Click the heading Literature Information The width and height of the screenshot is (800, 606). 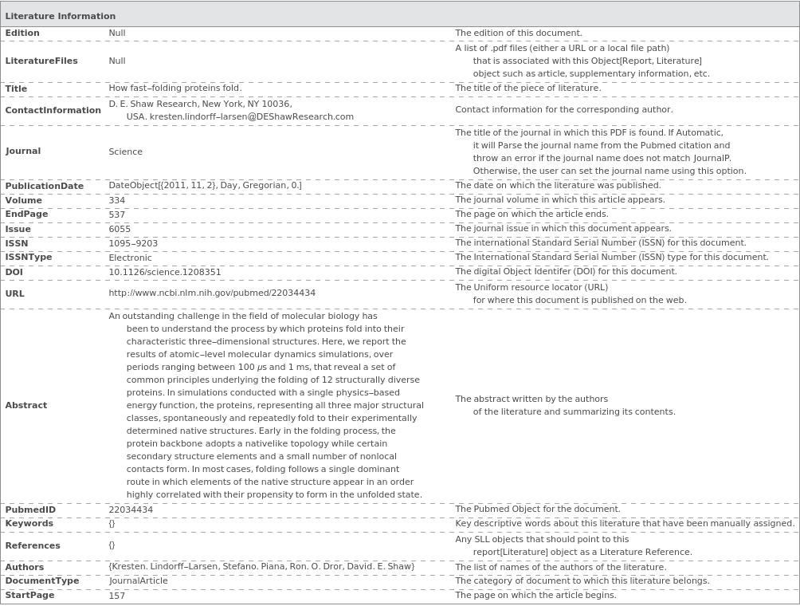(x=61, y=16)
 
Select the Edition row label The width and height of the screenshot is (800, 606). (x=22, y=33)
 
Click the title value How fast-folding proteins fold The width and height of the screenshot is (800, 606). (x=175, y=89)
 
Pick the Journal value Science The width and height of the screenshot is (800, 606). (x=125, y=151)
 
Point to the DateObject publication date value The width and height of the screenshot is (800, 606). (x=205, y=186)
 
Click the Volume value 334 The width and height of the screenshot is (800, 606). (x=116, y=200)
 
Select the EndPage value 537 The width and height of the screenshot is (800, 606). (x=116, y=214)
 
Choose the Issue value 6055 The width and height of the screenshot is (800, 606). (x=120, y=229)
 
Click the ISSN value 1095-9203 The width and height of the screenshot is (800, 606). (x=133, y=243)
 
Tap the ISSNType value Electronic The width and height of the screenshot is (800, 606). (x=130, y=258)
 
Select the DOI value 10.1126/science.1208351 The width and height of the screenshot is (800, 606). (x=165, y=272)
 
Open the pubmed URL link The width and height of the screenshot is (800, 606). (x=212, y=293)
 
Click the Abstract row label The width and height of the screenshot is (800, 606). (x=26, y=405)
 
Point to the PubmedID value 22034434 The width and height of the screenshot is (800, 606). (x=131, y=510)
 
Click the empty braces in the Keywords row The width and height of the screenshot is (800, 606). (x=112, y=524)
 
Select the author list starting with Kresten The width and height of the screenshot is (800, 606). (x=261, y=567)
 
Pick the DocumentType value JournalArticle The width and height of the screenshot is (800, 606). (x=138, y=581)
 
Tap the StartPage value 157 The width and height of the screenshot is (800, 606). (x=116, y=596)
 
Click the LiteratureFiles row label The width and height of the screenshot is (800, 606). (x=41, y=61)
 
